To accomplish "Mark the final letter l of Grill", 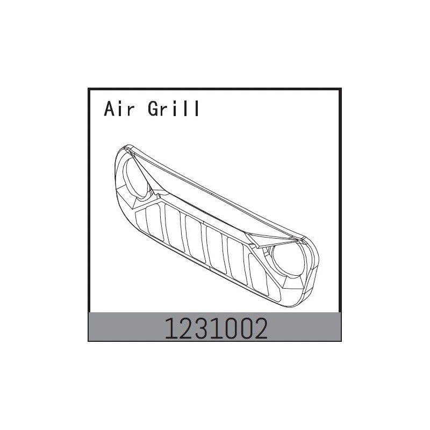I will click(197, 109).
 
